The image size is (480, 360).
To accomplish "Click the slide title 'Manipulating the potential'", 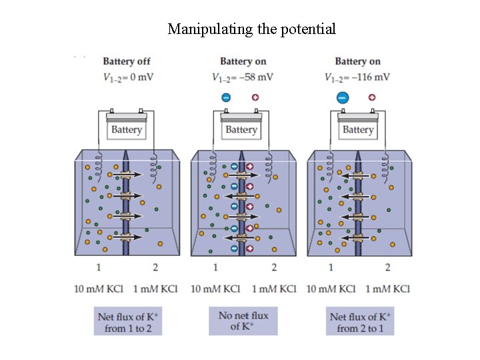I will tap(251, 29).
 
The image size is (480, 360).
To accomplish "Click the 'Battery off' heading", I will tap(127, 61).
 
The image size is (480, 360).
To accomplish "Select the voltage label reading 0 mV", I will tap(128, 77).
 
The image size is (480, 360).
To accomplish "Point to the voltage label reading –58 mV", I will tap(243, 77).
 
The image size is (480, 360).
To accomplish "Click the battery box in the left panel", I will tap(127, 128).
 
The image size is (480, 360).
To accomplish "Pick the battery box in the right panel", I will tap(358, 128).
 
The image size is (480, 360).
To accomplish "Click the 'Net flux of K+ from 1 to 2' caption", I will tap(129, 321).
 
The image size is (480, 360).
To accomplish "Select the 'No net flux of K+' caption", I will tap(243, 321).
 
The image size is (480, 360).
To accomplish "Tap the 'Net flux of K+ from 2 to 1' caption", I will tap(360, 321).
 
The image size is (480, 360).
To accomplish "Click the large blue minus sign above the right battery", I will tap(343, 97).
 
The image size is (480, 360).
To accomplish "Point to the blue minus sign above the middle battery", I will tap(226, 97).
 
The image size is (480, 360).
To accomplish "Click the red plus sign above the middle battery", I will tap(255, 97).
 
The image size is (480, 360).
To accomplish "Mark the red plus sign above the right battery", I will tap(372, 97).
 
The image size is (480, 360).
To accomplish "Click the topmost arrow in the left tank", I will tap(127, 175).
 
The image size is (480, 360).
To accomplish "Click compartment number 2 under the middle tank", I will tap(273, 268).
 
